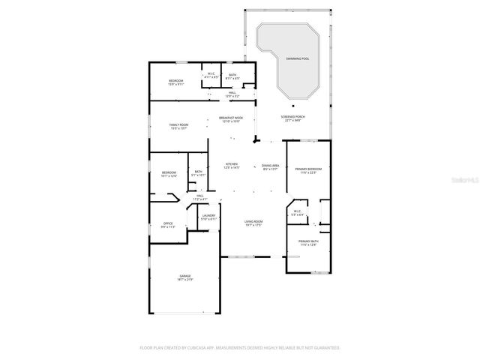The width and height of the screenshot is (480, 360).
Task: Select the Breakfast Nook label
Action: (x=230, y=118)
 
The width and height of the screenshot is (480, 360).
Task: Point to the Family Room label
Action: (x=178, y=126)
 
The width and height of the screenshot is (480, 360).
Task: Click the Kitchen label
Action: (x=232, y=166)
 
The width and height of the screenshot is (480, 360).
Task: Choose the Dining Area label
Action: (x=271, y=166)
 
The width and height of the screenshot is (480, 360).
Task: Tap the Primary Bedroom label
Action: (x=308, y=170)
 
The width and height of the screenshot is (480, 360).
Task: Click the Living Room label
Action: (x=253, y=223)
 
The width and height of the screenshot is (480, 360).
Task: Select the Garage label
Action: (x=184, y=276)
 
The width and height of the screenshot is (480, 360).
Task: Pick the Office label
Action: (x=169, y=224)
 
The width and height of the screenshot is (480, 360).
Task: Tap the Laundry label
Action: (x=209, y=217)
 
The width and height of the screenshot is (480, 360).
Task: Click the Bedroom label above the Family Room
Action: (x=175, y=82)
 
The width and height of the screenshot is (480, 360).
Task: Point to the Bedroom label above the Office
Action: (x=169, y=175)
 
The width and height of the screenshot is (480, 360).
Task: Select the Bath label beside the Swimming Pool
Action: (x=232, y=76)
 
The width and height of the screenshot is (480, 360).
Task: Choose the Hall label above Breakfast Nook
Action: (x=232, y=94)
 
